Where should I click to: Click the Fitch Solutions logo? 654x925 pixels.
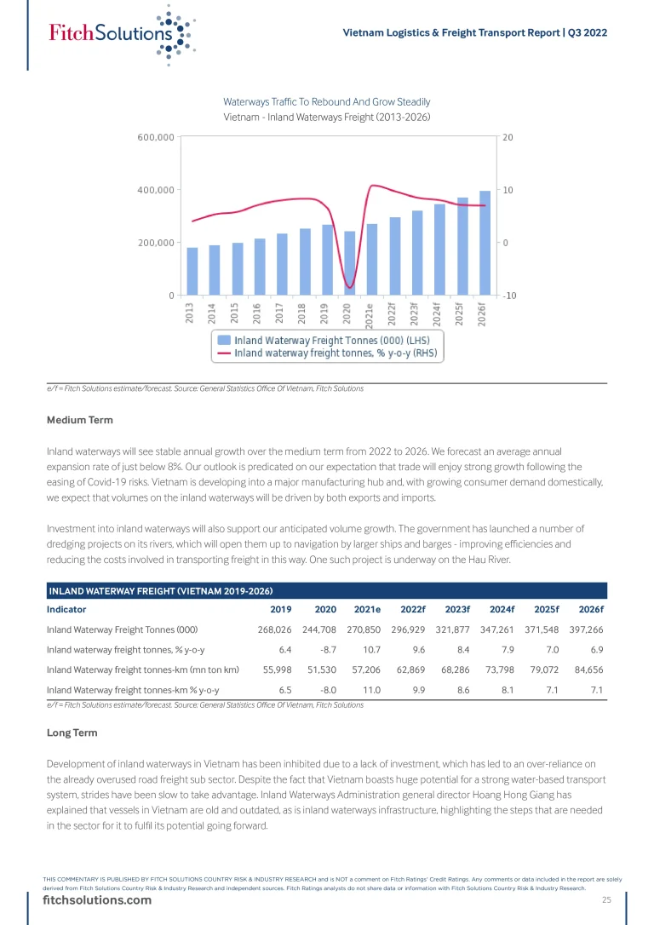pos(119,33)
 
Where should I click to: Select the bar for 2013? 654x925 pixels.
pos(192,272)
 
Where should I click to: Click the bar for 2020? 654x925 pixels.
pos(349,263)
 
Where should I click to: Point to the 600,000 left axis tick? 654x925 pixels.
pos(156,137)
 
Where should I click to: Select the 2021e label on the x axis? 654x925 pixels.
pos(370,315)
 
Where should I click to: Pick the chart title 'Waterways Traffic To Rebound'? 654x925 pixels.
pos(326,101)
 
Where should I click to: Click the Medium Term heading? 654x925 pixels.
pos(79,420)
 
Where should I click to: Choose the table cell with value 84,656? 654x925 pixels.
pos(586,669)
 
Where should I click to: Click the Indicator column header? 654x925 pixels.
pos(66,609)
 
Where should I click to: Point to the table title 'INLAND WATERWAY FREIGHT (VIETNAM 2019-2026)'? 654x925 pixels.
pos(160,590)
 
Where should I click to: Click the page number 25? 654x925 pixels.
pos(607,900)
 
